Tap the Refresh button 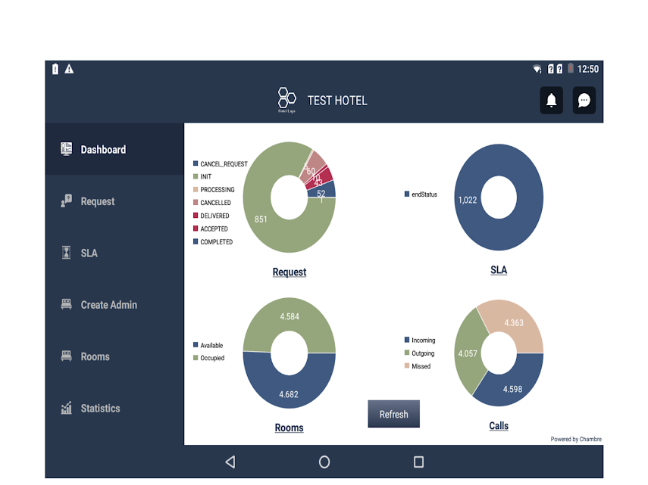point(393,414)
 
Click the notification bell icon point(552,101)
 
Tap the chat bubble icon point(584,101)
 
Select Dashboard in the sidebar point(103,150)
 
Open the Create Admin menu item point(108,305)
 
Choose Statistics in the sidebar point(100,409)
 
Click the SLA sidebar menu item point(89,253)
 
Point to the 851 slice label point(261,219)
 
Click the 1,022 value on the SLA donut point(468,200)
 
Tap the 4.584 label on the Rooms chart point(289,316)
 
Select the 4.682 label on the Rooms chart point(289,394)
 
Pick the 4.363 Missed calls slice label point(513,323)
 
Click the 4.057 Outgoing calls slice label point(468,353)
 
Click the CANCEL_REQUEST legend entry point(224,164)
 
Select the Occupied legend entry point(212,359)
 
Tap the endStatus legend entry point(424,194)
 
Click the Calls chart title point(499,426)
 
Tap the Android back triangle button point(230,462)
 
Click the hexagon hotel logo point(286,98)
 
